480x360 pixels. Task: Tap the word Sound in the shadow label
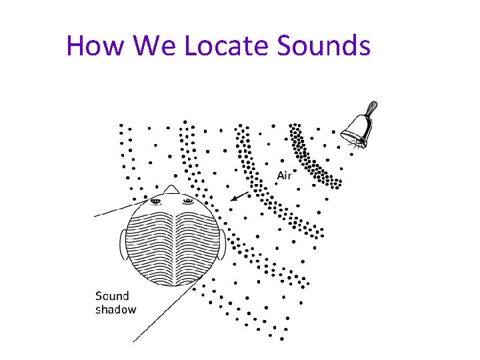coord(112,296)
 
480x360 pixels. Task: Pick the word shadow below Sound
coord(115,309)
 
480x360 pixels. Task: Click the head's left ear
coord(123,245)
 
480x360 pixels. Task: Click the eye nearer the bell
coord(187,200)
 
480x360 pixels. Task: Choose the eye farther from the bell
coord(156,200)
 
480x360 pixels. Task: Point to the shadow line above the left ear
coord(113,211)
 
